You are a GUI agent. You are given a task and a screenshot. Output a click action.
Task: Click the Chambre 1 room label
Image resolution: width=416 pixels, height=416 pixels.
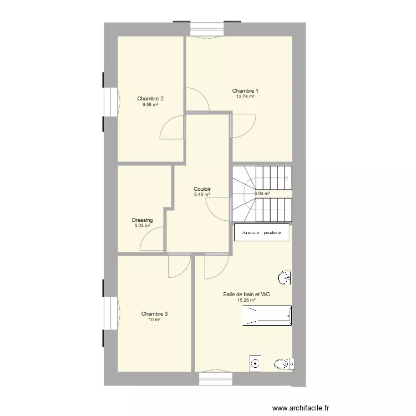pos(245,91)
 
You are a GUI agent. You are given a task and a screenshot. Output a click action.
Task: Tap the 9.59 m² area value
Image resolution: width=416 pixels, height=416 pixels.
pos(150,104)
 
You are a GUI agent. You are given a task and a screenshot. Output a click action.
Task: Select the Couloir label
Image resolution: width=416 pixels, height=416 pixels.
pos(202,189)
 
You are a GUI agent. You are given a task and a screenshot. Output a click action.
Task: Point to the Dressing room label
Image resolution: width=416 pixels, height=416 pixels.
pos(143,220)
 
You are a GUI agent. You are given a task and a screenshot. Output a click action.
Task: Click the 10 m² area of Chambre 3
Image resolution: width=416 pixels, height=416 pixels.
pos(154,319)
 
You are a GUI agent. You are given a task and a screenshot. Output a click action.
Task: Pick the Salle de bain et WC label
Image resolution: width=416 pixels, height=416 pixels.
pos(246,294)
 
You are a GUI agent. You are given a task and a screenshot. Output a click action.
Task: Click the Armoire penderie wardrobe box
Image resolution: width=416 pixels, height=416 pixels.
pos(262,232)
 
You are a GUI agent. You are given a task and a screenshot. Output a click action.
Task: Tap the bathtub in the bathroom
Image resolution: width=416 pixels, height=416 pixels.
pos(267,316)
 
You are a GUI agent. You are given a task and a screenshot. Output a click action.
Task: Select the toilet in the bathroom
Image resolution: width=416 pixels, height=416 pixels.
pos(284,364)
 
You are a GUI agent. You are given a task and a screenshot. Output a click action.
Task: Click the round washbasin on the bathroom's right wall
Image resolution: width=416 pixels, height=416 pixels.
pos(284,278)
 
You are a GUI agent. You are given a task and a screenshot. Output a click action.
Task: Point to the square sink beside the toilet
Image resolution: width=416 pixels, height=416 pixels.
pos(255,363)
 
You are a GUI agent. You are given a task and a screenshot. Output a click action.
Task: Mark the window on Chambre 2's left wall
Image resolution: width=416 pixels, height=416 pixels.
pos(111,102)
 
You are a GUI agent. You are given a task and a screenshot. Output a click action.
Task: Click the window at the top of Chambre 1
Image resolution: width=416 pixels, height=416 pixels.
pos(207,29)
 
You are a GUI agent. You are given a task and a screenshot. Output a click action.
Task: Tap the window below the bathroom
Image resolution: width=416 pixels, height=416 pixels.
pos(216,378)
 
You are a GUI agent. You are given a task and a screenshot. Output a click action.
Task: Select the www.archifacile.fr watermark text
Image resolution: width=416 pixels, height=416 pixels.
pos(301,408)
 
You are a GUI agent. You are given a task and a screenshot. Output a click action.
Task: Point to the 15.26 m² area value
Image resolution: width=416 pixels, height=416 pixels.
pos(246,300)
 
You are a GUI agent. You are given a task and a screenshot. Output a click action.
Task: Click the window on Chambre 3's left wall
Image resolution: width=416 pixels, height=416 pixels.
pos(111,313)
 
